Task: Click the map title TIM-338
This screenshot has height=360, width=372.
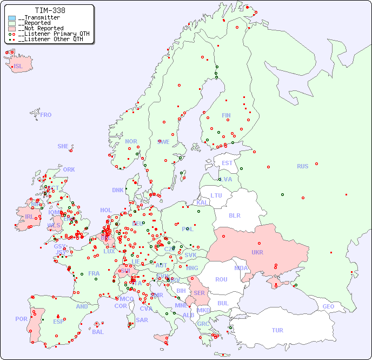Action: tap(50, 10)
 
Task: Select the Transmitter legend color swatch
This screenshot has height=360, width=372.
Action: tap(12, 18)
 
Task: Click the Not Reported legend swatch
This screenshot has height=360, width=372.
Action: tap(12, 29)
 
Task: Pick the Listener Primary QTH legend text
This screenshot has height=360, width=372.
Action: tap(51, 34)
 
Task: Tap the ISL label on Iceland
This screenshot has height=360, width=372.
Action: tap(18, 67)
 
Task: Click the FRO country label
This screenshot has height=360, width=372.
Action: tap(46, 115)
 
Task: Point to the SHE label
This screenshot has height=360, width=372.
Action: tap(63, 146)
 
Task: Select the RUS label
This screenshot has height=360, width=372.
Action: tap(302, 166)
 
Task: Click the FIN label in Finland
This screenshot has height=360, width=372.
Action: tap(226, 115)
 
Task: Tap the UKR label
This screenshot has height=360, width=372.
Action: tap(257, 252)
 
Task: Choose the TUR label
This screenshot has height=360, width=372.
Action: tap(277, 330)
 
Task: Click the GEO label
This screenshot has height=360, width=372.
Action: tap(328, 306)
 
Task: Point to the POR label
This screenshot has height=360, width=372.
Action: tap(21, 319)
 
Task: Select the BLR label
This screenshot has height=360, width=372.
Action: tap(234, 215)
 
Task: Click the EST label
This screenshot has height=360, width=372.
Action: tap(227, 163)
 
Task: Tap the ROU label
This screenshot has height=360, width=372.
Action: tap(221, 279)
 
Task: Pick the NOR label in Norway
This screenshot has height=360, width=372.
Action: tap(131, 141)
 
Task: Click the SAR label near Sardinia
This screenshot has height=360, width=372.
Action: tap(142, 320)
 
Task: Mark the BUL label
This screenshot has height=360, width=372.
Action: tap(223, 303)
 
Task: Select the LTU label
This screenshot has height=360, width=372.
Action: tap(216, 195)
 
